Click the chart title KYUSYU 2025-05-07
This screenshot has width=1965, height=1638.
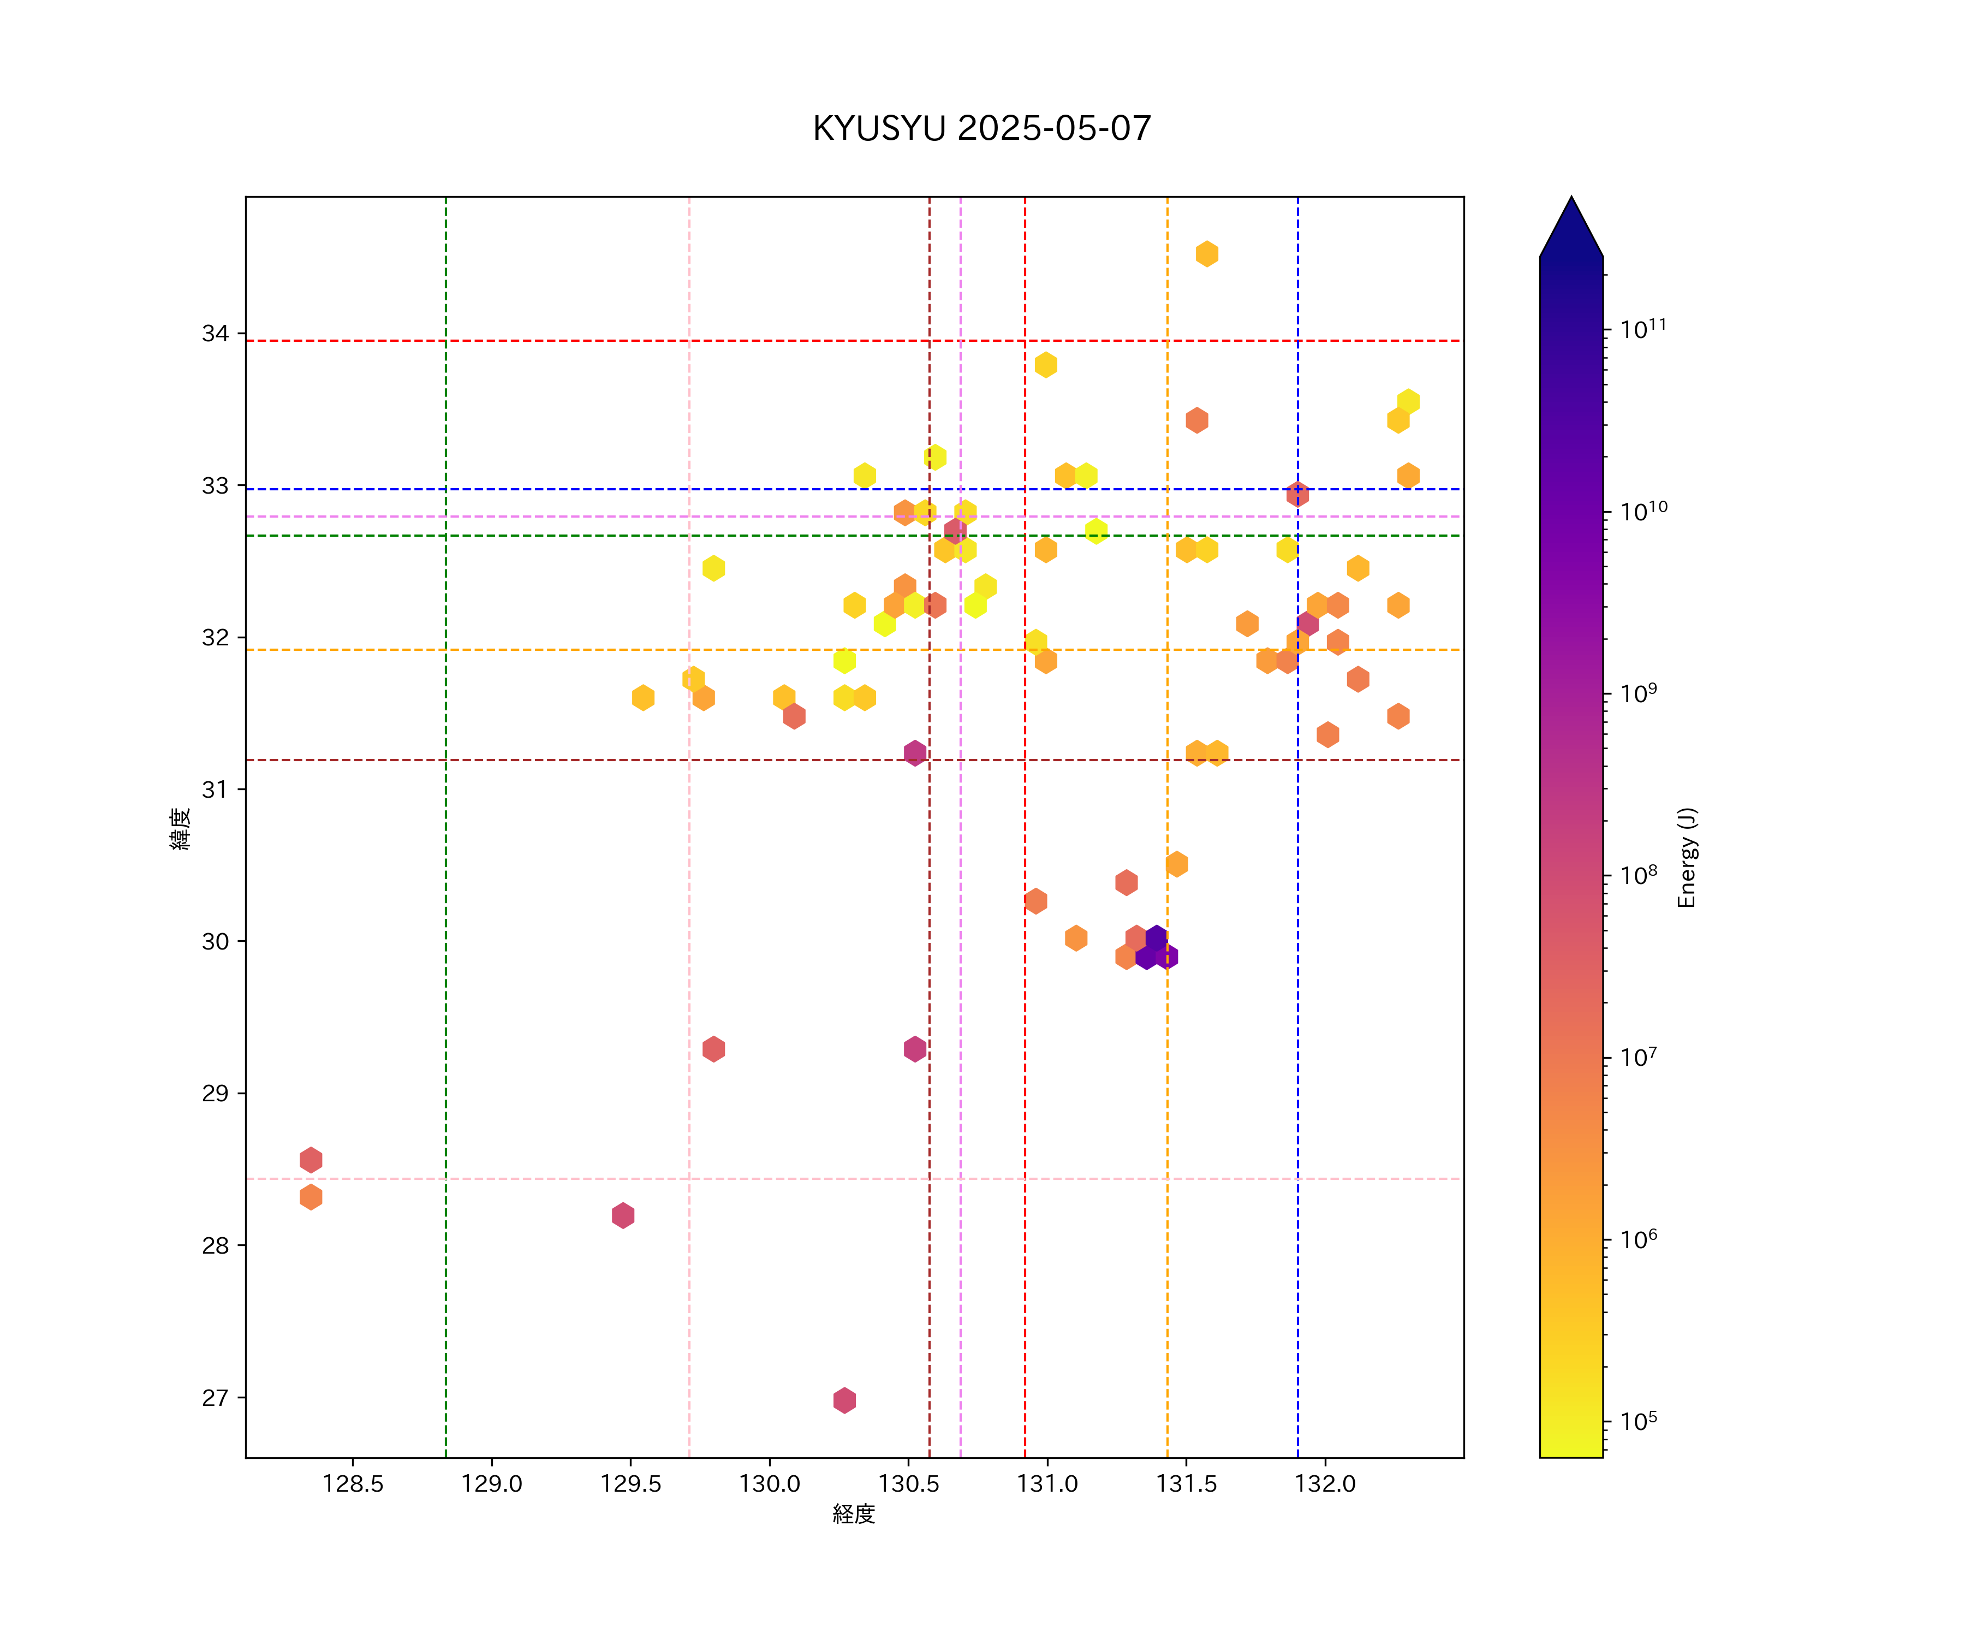[x=981, y=128]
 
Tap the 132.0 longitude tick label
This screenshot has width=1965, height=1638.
[x=1325, y=1483]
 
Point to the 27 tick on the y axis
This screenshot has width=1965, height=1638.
[x=215, y=1397]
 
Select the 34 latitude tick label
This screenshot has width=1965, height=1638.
[x=215, y=333]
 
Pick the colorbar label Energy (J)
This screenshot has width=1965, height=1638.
[x=1686, y=857]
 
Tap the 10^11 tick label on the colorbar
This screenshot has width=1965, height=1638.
[x=1643, y=329]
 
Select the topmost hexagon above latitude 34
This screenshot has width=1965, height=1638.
[x=1207, y=254]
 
